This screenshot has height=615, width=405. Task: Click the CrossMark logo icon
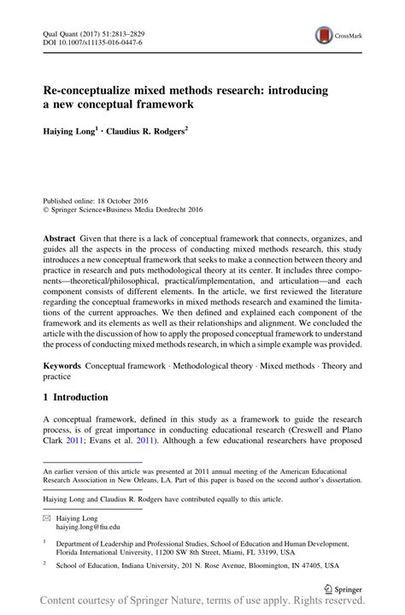pos(325,35)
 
